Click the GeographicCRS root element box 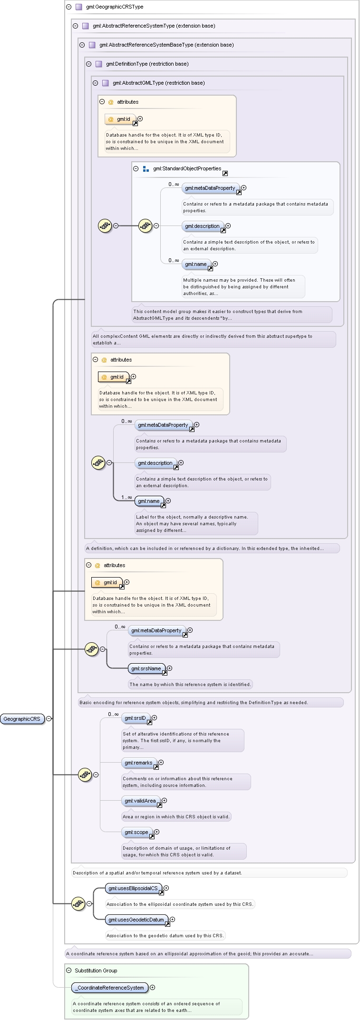click(22, 719)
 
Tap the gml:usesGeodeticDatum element click(137, 920)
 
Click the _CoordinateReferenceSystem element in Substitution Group click(110, 988)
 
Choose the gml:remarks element click(139, 763)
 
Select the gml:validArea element click(141, 801)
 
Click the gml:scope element click(137, 832)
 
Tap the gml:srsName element click(147, 668)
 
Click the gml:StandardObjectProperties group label click(187, 168)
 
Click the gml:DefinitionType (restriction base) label click(147, 64)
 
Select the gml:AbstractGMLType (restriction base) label click(158, 83)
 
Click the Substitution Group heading click(96, 971)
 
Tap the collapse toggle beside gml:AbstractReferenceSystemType click(75, 26)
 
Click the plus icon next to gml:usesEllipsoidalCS click(166, 888)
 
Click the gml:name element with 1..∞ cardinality click(149, 501)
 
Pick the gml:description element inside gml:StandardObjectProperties click(203, 226)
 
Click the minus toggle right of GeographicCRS click(49, 719)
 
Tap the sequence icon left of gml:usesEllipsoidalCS click(78, 903)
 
